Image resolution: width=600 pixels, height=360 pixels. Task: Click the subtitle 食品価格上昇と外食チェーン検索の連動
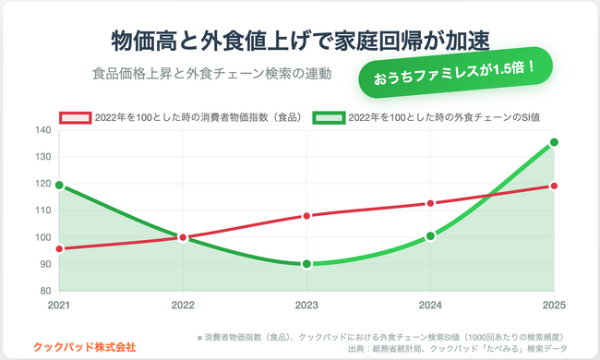point(211,73)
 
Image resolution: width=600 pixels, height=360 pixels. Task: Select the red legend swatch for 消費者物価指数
point(76,118)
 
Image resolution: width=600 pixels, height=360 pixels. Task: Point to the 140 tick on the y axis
point(42,130)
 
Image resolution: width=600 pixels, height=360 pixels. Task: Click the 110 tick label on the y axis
point(42,210)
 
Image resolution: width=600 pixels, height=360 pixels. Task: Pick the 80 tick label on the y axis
point(44,291)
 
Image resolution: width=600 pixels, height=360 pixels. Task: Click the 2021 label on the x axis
point(59,305)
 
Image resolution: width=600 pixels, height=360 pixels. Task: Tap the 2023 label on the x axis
point(306,305)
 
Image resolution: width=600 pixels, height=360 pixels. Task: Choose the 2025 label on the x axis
point(553,305)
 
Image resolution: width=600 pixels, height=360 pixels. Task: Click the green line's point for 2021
point(59,185)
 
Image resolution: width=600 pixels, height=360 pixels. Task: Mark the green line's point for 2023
point(306,264)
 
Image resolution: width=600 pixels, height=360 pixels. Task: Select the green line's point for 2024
point(430,236)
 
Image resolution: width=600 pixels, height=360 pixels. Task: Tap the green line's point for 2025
point(554,142)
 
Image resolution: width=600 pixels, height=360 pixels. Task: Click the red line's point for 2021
point(59,248)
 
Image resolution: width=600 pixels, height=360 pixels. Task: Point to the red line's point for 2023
point(306,216)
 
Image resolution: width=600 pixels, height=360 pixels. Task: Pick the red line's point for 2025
point(554,186)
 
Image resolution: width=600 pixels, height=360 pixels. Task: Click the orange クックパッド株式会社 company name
point(84,346)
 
